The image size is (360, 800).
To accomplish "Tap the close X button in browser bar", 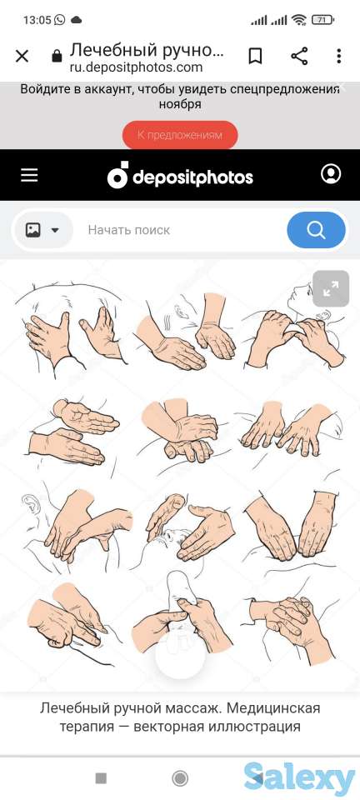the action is click(x=22, y=56).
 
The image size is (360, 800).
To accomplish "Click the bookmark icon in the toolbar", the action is click(x=255, y=56).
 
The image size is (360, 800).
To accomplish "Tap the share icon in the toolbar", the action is click(x=299, y=56).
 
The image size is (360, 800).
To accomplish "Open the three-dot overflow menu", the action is click(x=338, y=56).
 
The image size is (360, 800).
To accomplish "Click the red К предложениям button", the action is click(x=180, y=135).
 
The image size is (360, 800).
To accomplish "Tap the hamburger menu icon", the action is click(x=29, y=175).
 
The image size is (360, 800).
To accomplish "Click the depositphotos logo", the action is click(x=180, y=176).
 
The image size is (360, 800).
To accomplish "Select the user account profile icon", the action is click(x=331, y=174).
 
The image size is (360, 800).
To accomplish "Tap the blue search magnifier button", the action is click(x=316, y=230).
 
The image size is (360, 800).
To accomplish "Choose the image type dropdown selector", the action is click(x=42, y=230).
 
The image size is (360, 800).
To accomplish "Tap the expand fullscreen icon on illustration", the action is click(x=331, y=289).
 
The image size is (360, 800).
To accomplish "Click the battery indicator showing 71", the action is click(x=322, y=20).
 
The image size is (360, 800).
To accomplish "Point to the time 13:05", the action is click(x=37, y=20).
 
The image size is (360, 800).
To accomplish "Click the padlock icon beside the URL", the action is click(x=57, y=56).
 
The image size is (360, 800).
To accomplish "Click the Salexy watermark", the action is click(x=299, y=779).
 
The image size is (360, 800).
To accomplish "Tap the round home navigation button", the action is click(x=180, y=778).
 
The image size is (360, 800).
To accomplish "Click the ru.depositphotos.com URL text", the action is click(x=136, y=67).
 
